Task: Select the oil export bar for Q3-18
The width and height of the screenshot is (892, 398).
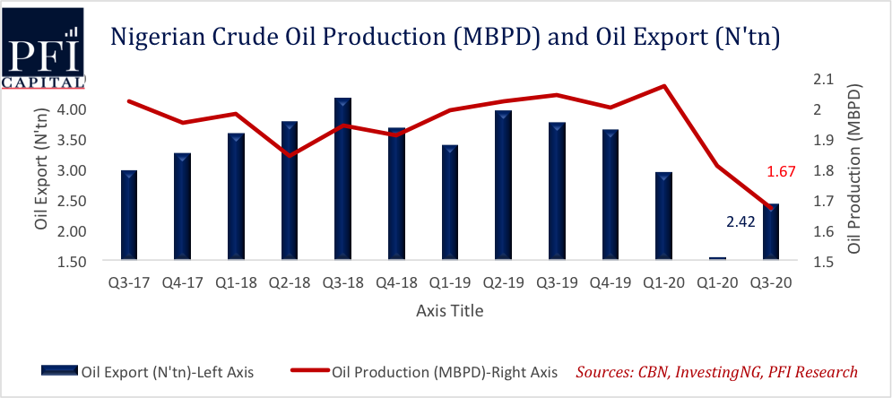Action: click(342, 179)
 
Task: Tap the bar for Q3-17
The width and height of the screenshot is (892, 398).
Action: click(128, 215)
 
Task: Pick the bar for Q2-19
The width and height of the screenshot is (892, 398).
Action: click(503, 186)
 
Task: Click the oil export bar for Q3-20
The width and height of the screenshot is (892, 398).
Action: click(770, 232)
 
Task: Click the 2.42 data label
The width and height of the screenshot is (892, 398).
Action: click(740, 221)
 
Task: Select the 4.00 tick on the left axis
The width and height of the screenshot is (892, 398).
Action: click(87, 109)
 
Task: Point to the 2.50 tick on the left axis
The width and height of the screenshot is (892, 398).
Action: click(87, 201)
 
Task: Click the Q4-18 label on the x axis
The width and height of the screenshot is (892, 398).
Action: click(396, 282)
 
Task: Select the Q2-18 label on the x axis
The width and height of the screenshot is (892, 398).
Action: click(289, 282)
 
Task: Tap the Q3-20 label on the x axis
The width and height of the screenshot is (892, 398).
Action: click(770, 282)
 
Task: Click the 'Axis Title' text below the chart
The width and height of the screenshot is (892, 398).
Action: click(450, 311)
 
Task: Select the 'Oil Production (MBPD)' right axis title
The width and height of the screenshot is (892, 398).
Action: click(853, 169)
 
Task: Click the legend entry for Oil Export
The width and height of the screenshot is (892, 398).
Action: click(148, 372)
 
